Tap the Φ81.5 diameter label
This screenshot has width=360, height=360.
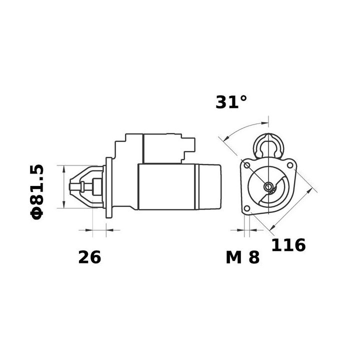coord(38,191)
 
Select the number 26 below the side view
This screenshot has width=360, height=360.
coord(89,257)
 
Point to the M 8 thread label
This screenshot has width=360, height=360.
coord(242,257)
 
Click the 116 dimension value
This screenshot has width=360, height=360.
coord(288,245)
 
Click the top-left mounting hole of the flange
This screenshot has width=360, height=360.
coord(246,165)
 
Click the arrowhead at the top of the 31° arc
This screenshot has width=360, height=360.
coord(263,122)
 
